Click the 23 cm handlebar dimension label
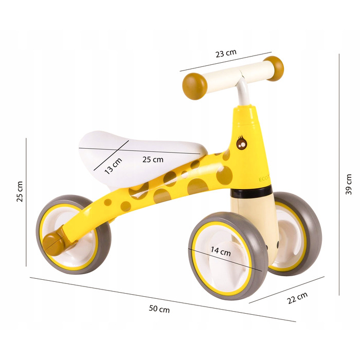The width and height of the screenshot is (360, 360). tap(226, 53)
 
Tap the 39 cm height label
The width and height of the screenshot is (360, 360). tap(349, 184)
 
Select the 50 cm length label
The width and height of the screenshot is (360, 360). tap(159, 309)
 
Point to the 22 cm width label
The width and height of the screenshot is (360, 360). tap(297, 298)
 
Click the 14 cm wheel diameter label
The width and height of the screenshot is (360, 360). tap(221, 251)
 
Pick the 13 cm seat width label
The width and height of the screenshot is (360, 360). tap(113, 166)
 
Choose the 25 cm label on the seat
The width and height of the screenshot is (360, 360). tap(153, 159)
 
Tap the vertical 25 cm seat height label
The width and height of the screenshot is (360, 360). tap(20, 191)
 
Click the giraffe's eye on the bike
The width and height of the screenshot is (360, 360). tap(242, 143)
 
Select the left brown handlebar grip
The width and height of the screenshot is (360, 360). tap(194, 86)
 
